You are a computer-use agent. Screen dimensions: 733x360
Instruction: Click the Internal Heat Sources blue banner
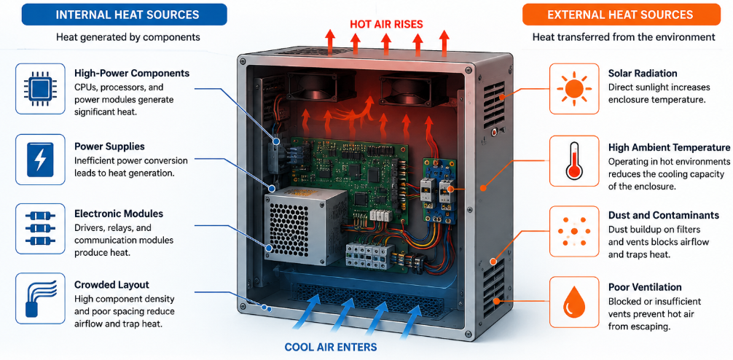click(x=125, y=15)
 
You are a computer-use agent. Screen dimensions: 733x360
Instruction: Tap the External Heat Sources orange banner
click(x=621, y=15)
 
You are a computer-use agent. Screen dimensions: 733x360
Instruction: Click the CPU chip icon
click(x=40, y=89)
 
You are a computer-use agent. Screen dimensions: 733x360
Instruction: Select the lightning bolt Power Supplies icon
click(x=40, y=160)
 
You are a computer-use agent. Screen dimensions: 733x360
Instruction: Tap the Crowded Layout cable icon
click(x=40, y=298)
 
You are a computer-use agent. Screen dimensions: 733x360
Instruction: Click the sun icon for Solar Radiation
click(x=573, y=89)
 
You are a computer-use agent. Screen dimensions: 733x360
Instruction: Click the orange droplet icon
click(x=573, y=302)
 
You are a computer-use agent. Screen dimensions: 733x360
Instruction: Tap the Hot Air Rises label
click(x=387, y=24)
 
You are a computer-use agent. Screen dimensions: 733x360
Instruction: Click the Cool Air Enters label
click(x=331, y=348)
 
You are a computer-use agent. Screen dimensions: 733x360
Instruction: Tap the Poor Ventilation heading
click(x=645, y=287)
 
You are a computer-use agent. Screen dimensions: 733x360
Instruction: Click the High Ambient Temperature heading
click(x=669, y=148)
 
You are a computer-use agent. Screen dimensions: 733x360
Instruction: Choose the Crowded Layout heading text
click(x=111, y=285)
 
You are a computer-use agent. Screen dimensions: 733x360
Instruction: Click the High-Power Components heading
click(x=132, y=74)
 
